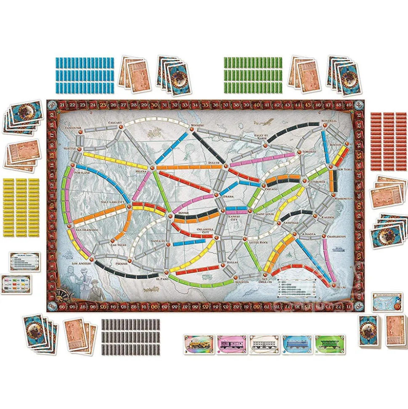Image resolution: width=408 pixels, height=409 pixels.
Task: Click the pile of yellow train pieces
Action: (x=21, y=209)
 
